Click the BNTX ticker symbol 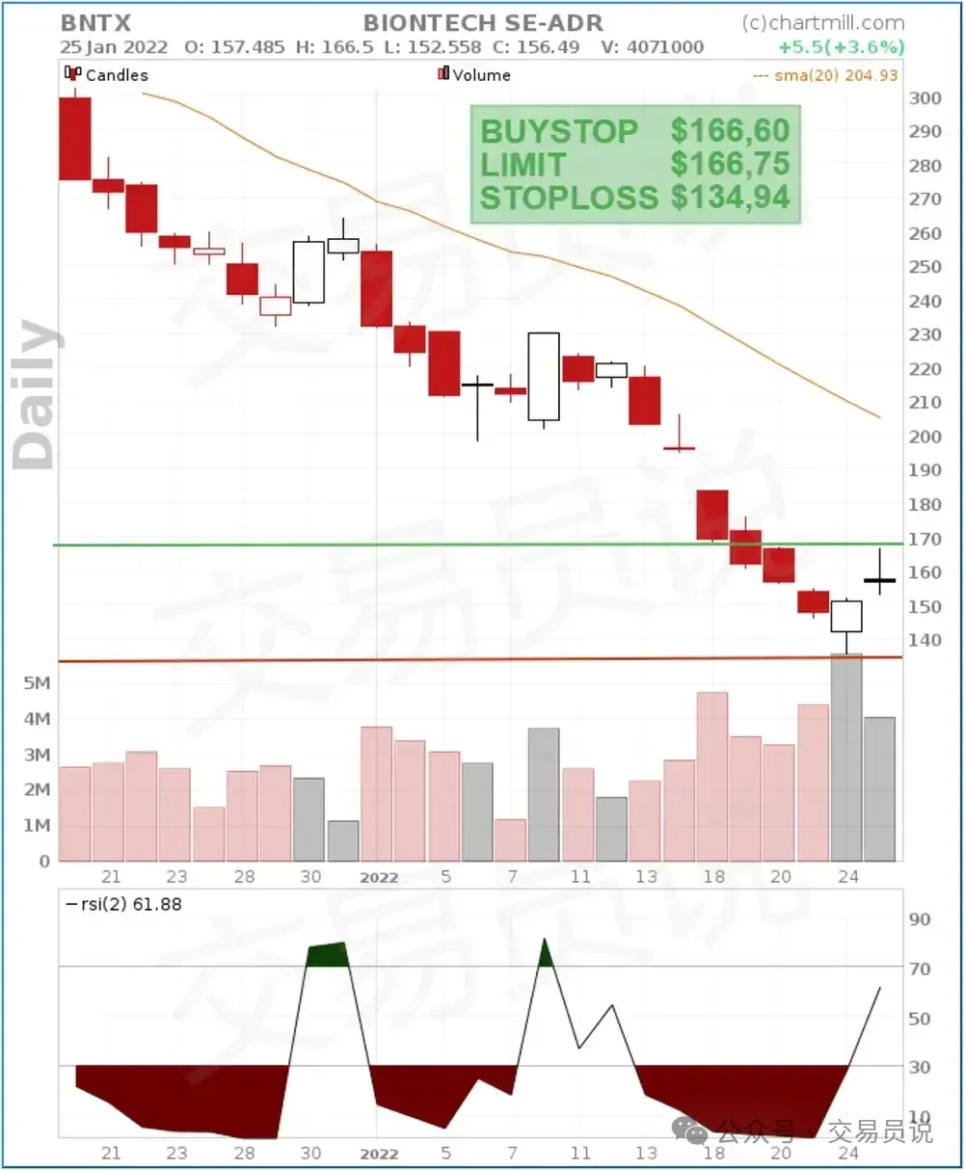tap(95, 22)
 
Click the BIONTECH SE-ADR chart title tap(483, 22)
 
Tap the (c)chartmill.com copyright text tap(823, 22)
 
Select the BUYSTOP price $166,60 tap(730, 131)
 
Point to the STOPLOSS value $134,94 tap(730, 198)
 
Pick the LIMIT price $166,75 tap(730, 164)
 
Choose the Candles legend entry tap(107, 74)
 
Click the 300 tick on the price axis tap(924, 98)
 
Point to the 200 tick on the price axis tap(924, 437)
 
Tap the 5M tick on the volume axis tap(38, 683)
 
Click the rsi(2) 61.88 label tap(122, 904)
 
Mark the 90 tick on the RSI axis tap(920, 919)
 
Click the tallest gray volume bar tap(846, 757)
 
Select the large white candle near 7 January tap(544, 376)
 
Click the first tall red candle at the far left tap(75, 139)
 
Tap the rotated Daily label tap(37, 395)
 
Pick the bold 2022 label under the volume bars tap(379, 877)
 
